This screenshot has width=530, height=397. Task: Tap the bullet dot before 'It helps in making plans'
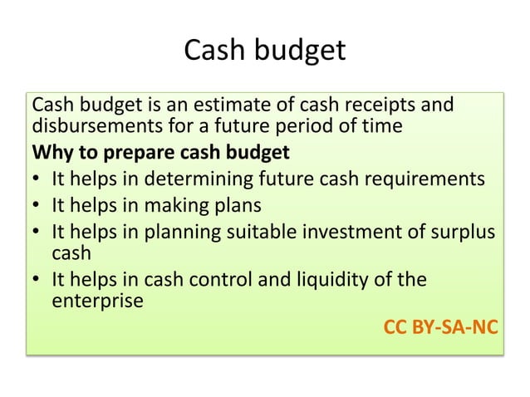[x=38, y=205]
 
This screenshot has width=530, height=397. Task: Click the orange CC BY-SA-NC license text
[x=440, y=326]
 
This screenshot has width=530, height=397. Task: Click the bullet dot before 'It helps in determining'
[x=38, y=179]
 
